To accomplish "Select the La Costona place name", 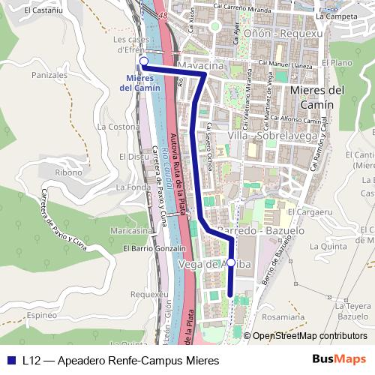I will click(113, 127).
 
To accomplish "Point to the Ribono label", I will click(68, 172).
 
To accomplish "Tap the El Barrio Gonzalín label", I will click(154, 248).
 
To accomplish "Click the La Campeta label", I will click(336, 15).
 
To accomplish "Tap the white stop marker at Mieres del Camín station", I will click(143, 61).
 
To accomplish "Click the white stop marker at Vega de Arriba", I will click(231, 262).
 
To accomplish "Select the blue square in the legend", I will click(11, 360).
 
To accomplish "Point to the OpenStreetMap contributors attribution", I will click(309, 336).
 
